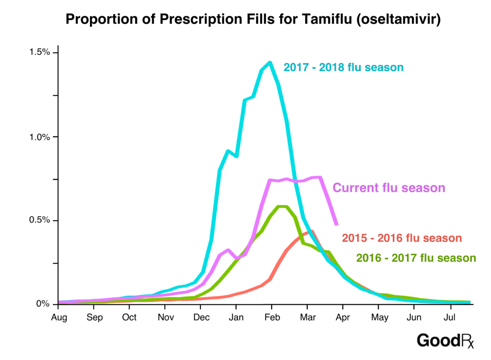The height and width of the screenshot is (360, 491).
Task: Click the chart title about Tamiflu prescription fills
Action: tap(245, 19)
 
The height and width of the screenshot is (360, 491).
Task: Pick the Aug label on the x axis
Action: tap(58, 317)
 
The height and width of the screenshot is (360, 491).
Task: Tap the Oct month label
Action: tap(129, 317)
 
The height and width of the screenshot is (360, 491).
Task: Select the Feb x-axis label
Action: tap(271, 317)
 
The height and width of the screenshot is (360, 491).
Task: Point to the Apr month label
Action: tap(342, 317)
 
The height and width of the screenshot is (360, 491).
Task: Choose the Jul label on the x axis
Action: tap(449, 317)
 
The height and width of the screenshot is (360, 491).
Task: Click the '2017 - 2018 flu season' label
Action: tap(343, 67)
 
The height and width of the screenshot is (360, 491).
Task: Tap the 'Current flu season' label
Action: tap(389, 187)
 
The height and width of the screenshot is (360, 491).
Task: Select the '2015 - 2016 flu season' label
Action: tap(402, 238)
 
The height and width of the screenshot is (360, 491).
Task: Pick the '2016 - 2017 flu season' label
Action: tap(416, 258)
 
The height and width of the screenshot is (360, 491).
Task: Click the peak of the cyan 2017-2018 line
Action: tap(270, 62)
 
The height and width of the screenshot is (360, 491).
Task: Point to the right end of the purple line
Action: tap(337, 224)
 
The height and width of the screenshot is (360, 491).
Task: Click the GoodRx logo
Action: tap(445, 340)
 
